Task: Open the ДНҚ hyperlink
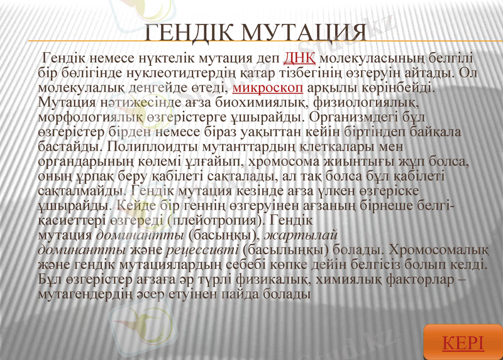pos(299,59)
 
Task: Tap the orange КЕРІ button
pos(463,343)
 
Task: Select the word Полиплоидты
pos(142,146)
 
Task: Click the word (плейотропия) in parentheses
pos(214,221)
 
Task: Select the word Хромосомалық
pos(438,249)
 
